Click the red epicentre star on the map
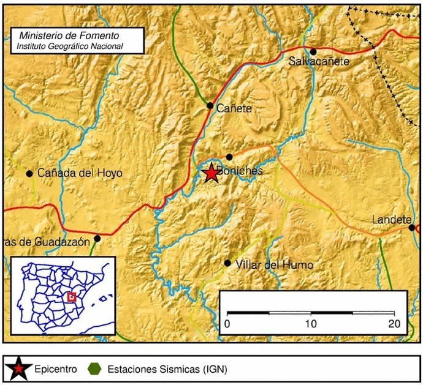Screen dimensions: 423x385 click(x=211, y=173)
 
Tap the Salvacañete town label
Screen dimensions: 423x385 click(x=319, y=62)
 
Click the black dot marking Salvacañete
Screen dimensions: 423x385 click(x=313, y=52)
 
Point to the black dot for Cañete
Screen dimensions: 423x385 click(x=210, y=106)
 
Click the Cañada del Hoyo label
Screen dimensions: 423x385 click(x=80, y=173)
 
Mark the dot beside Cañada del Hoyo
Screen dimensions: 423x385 click(x=29, y=173)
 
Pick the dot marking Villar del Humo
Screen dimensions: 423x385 click(x=227, y=263)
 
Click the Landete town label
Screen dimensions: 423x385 click(x=390, y=220)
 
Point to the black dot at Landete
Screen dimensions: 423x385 click(x=412, y=228)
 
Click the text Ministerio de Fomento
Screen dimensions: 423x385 click(x=69, y=36)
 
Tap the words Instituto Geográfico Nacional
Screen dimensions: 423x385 click(x=70, y=46)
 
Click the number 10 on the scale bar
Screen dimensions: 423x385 click(x=312, y=323)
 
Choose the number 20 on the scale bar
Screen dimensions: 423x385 click(x=394, y=323)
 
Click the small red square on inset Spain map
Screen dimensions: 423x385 click(x=72, y=297)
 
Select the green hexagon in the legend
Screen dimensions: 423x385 click(x=94, y=369)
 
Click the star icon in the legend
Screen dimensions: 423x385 click(x=18, y=369)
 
